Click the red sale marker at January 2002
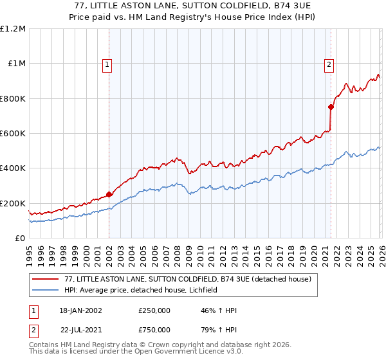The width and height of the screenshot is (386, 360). (109, 194)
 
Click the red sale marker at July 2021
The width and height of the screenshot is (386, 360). (331, 107)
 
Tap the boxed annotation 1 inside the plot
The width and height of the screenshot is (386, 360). (107, 64)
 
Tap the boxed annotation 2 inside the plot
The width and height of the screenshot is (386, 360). (329, 64)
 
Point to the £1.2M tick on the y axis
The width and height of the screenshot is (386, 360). (13, 29)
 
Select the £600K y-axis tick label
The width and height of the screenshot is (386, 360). (13, 134)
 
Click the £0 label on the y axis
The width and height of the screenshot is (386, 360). (19, 239)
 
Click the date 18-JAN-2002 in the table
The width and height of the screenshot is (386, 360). (80, 310)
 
